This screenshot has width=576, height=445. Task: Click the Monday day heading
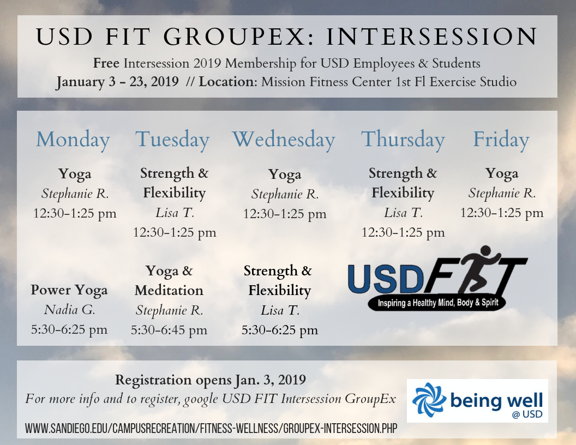tap(73, 140)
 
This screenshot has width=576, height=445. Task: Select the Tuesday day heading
tap(172, 140)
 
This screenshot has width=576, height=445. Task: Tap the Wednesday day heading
tap(283, 140)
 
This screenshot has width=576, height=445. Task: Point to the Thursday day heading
tap(403, 140)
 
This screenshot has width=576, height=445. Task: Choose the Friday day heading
tap(501, 140)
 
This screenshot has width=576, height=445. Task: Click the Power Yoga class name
tap(69, 290)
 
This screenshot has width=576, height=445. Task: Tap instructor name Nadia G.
tap(69, 310)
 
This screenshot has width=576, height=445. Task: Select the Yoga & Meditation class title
tap(169, 280)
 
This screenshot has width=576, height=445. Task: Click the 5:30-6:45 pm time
tap(169, 330)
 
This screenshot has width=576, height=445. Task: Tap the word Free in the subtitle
tap(106, 63)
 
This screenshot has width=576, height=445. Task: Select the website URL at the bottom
tap(211, 429)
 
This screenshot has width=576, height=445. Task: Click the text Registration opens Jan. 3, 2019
tap(211, 379)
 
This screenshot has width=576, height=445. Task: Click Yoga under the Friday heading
tap(502, 173)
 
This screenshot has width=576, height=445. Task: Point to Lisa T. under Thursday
tap(403, 213)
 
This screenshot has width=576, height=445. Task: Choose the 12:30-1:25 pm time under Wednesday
tap(285, 214)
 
